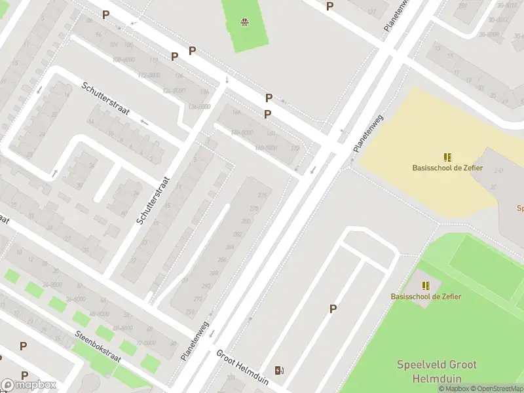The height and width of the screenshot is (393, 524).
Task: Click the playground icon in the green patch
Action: pyautogui.click(x=244, y=22)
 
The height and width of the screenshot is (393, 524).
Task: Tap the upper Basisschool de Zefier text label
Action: pyautogui.click(x=447, y=168)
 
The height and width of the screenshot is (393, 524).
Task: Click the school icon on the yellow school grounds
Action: pyautogui.click(x=447, y=157)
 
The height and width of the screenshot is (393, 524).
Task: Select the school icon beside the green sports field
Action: pyautogui.click(x=426, y=286)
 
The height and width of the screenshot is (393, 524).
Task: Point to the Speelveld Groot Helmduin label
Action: pyautogui.click(x=436, y=371)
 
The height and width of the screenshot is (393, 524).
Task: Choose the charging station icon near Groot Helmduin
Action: pyautogui.click(x=280, y=371)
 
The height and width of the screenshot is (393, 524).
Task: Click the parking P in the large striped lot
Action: pyautogui.click(x=333, y=309)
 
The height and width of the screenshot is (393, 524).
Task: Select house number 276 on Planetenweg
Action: pyautogui.click(x=263, y=195)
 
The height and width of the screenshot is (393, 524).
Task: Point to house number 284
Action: pyautogui.click(x=229, y=247)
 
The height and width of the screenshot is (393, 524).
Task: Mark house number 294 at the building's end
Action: pyautogui.click(x=190, y=311)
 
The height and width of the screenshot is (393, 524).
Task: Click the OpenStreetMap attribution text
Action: pyautogui.click(x=495, y=388)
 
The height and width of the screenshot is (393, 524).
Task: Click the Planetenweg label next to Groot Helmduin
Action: pyautogui.click(x=195, y=340)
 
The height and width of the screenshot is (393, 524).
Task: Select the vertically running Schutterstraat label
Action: pyautogui.click(x=153, y=200)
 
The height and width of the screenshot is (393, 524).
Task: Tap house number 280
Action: pyautogui.click(x=246, y=221)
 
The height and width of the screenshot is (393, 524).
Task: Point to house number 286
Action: pyautogui.click(x=221, y=260)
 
